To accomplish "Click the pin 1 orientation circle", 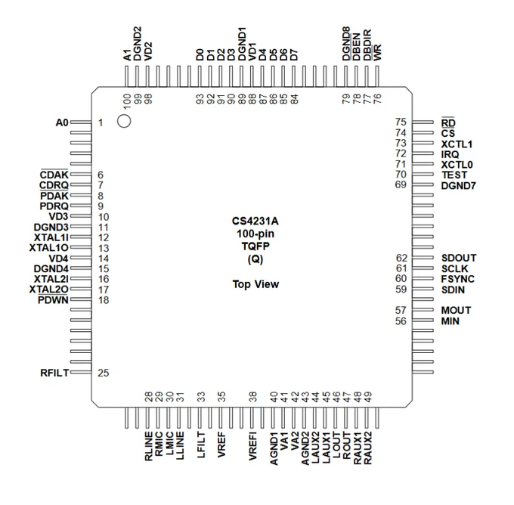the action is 124,121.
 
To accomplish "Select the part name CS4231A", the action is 255,221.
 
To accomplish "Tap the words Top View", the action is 255,284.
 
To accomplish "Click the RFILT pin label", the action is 54,373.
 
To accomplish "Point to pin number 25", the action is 103,373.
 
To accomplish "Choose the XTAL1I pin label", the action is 51,237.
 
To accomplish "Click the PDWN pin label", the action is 53,300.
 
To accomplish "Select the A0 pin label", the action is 62,122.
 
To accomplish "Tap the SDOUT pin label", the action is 459,258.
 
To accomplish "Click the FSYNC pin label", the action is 457,279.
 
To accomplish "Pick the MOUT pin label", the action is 456,310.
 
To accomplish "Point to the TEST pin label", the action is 454,175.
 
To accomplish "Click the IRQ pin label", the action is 450,154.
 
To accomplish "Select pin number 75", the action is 401,122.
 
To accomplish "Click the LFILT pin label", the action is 201,445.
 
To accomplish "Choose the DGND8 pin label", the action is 346,44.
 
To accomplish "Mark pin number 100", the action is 127,101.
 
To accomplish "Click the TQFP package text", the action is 255,246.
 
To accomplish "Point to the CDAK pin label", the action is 54,175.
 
